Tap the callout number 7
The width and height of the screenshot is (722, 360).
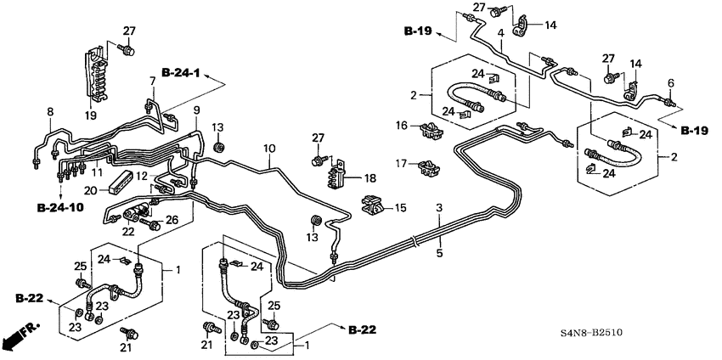pos(153,82)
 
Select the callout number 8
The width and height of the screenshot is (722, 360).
pos(49,112)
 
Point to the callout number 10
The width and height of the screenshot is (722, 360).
pos(268,149)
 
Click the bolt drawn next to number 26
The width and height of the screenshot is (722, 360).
pos(154,225)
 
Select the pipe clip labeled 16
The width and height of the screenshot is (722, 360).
pos(432,130)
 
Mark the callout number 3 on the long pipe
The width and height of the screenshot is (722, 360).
pos(439,209)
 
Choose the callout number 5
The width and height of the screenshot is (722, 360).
pos(439,253)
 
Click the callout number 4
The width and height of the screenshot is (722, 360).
pos(501,33)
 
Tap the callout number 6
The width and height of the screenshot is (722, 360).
pos(669,82)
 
